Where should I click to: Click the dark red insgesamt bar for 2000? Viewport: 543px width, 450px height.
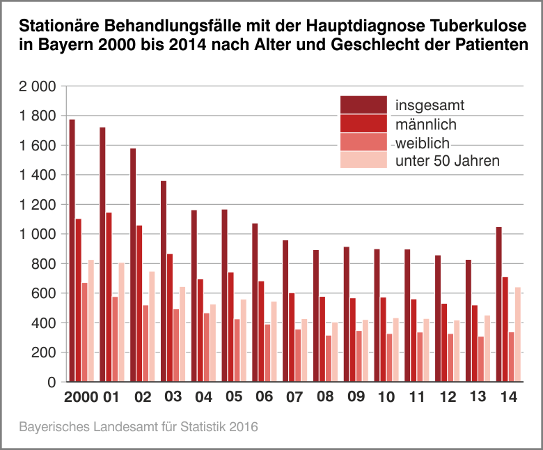[x=72, y=251]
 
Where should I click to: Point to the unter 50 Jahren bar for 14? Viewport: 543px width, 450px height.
[x=517, y=334]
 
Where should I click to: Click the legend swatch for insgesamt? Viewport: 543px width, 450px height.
[x=363, y=105]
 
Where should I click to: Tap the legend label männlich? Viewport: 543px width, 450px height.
[x=425, y=125]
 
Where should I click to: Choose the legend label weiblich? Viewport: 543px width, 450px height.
[x=423, y=143]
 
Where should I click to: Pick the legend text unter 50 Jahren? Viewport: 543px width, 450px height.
[x=448, y=162]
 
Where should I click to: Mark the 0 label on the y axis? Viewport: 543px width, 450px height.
[x=51, y=382]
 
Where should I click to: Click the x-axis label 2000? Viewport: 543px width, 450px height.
[x=81, y=398]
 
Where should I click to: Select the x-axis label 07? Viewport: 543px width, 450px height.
[x=294, y=398]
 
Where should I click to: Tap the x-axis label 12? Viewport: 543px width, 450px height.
[x=447, y=398]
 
